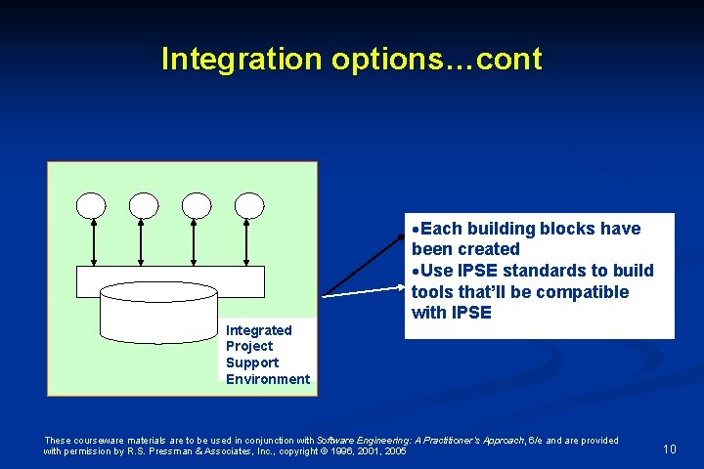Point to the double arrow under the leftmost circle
coord(92,241)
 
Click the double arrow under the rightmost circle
coord(249,241)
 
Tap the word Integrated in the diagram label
coord(258,330)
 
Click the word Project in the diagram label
coord(249,346)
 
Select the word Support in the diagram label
coord(252,362)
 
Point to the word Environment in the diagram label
coord(267,379)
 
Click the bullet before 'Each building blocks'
coord(416,230)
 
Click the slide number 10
coord(670,448)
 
